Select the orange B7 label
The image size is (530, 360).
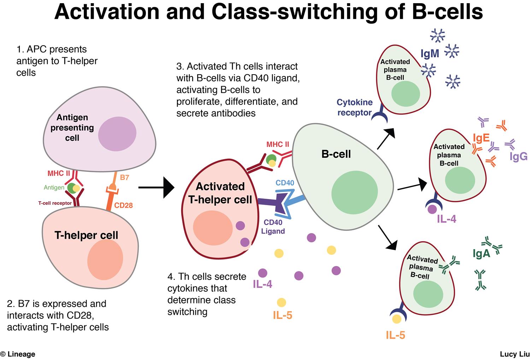click(124, 177)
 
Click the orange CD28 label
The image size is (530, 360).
click(123, 205)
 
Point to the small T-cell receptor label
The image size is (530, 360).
click(55, 203)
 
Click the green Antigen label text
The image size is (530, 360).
click(54, 187)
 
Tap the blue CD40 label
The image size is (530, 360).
click(285, 183)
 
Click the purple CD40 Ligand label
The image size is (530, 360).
click(273, 227)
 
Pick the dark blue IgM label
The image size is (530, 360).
click(430, 53)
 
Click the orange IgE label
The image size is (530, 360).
click(481, 138)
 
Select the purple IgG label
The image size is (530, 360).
click(518, 156)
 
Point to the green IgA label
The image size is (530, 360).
click(481, 254)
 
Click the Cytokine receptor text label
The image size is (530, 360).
click(354, 108)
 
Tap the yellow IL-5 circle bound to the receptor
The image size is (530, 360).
click(397, 319)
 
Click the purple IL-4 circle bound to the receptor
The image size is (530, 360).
click(432, 209)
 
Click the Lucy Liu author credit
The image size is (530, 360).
click(514, 354)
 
